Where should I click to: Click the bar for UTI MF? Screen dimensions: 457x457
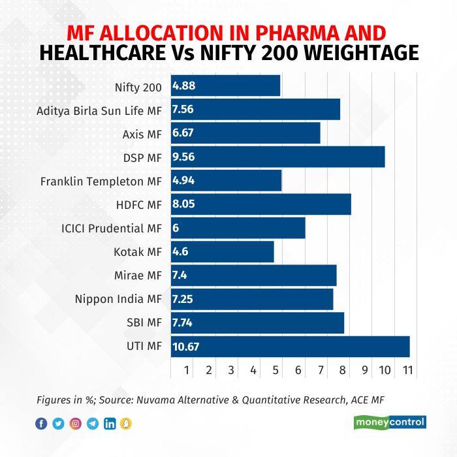(291, 347)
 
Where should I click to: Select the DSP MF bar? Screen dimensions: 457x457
(277, 157)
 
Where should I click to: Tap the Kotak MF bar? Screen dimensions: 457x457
(222, 251)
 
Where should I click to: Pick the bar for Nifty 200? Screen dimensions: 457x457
(225, 86)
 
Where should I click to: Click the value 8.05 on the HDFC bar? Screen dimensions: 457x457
(183, 204)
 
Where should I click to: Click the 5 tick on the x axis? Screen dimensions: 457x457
(276, 370)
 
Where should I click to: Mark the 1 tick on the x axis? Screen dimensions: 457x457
(187, 370)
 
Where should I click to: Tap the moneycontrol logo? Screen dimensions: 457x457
(390, 422)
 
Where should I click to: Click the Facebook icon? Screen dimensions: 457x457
(41, 424)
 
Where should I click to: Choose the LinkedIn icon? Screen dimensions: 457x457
(110, 424)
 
